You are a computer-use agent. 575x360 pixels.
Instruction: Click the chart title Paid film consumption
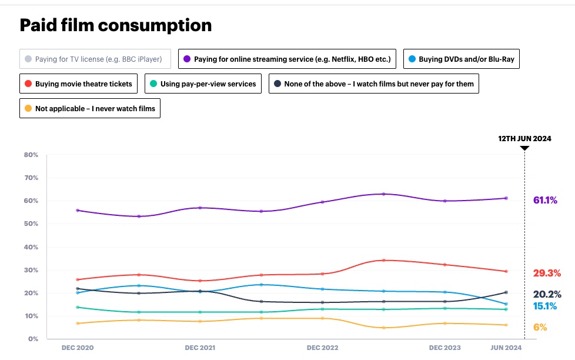115,25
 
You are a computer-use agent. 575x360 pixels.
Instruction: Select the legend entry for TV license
95,59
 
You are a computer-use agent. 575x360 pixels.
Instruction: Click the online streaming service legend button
287,59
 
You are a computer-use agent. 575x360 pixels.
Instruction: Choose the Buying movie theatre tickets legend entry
79,84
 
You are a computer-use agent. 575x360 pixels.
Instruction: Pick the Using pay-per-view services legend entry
203,84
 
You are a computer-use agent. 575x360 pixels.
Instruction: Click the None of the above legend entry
373,84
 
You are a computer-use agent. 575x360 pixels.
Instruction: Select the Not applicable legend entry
90,108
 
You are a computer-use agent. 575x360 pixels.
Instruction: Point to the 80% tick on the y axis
31,155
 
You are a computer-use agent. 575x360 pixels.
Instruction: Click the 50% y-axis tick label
31,224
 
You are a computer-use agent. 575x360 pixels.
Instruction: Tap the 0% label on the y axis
33,339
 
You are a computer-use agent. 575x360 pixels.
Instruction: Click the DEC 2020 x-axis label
78,348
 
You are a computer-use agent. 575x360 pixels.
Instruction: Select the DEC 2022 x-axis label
323,348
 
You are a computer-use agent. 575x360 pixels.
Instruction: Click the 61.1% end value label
545,201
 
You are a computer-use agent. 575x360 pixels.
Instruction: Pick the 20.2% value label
547,294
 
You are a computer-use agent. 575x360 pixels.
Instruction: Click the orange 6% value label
540,327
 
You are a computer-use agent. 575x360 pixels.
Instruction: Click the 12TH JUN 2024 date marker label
525,139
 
